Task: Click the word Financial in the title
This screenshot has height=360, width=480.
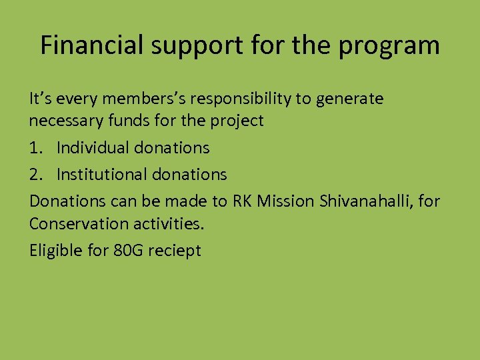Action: click(91, 45)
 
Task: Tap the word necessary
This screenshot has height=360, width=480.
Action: click(64, 122)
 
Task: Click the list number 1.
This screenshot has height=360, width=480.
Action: click(35, 147)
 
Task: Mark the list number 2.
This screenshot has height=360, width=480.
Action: click(35, 175)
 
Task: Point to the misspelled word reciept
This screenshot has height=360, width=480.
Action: click(176, 251)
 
